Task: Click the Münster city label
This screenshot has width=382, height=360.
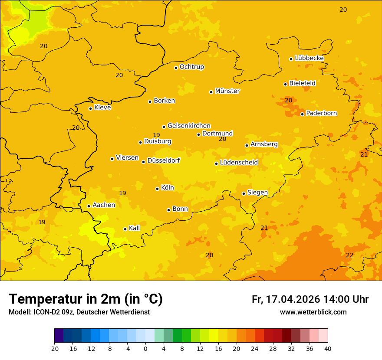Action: pyautogui.click(x=227, y=91)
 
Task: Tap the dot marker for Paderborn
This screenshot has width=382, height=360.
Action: pyautogui.click(x=303, y=114)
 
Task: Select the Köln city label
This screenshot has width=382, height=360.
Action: pyautogui.click(x=167, y=188)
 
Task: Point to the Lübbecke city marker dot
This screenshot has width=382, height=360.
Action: pyautogui.click(x=291, y=59)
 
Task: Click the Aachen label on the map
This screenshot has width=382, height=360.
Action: pyautogui.click(x=104, y=205)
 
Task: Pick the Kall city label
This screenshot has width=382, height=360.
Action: pyautogui.click(x=135, y=228)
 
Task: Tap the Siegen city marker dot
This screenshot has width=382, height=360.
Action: pyautogui.click(x=244, y=193)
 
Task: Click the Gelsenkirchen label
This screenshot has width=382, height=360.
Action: pyautogui.click(x=189, y=126)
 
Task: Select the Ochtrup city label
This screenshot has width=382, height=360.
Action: pyautogui.click(x=191, y=67)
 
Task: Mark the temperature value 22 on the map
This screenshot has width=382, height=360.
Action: pyautogui.click(x=349, y=255)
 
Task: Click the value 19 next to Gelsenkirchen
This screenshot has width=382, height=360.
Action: pyautogui.click(x=156, y=135)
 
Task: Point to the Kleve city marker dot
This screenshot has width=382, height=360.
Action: pyautogui.click(x=90, y=108)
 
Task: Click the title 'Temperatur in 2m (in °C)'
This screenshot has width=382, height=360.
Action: pyautogui.click(x=86, y=299)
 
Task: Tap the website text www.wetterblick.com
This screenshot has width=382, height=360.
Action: pyautogui.click(x=313, y=312)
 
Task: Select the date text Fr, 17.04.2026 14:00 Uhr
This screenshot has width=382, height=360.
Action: pyautogui.click(x=310, y=299)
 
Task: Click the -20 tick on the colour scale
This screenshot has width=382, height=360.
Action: pyautogui.click(x=54, y=348)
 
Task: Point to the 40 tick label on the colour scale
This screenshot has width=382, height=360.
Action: pyautogui.click(x=328, y=348)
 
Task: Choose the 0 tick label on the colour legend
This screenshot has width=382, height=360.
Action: pyautogui.click(x=145, y=348)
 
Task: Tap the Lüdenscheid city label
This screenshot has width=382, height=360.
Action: pyautogui.click(x=239, y=163)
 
